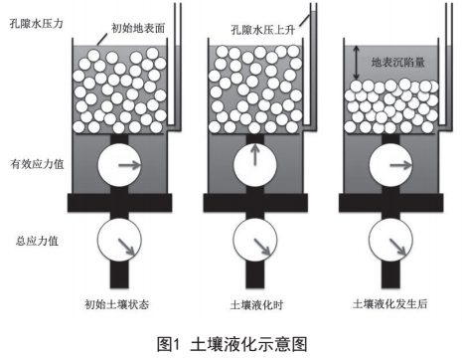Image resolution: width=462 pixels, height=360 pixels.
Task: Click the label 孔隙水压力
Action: point(37,24)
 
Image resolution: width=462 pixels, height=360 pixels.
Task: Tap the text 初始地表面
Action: point(138,28)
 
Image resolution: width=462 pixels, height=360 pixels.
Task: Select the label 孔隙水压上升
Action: point(263,30)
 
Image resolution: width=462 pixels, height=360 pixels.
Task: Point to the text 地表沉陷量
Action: point(397,62)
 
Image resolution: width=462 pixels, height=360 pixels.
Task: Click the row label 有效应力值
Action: point(37,164)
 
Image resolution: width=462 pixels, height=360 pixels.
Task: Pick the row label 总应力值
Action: point(37,241)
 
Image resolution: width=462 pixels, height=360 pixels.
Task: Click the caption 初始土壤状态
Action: point(117,304)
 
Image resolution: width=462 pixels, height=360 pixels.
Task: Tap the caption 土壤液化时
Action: point(256,304)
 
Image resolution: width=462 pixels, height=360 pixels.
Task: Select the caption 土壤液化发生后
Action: point(390,303)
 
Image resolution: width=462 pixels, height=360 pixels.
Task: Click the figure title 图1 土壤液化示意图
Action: point(232,344)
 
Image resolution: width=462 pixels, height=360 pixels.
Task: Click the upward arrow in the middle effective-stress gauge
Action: point(254,154)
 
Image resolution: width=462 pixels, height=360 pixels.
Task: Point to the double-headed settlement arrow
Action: point(357,63)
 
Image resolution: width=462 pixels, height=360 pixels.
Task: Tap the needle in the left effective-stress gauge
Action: point(130,165)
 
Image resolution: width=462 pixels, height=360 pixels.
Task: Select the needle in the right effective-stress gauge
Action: point(401,165)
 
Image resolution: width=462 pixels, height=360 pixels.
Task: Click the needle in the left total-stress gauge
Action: point(126,247)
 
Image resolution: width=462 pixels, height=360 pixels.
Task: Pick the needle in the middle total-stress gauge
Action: point(262,247)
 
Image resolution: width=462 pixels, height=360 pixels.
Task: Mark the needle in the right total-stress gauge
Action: point(397,247)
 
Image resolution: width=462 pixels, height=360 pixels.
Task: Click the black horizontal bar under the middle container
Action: point(255,203)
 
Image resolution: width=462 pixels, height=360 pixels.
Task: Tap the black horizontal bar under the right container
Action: point(390,203)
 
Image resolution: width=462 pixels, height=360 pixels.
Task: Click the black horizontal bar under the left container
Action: point(120,203)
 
